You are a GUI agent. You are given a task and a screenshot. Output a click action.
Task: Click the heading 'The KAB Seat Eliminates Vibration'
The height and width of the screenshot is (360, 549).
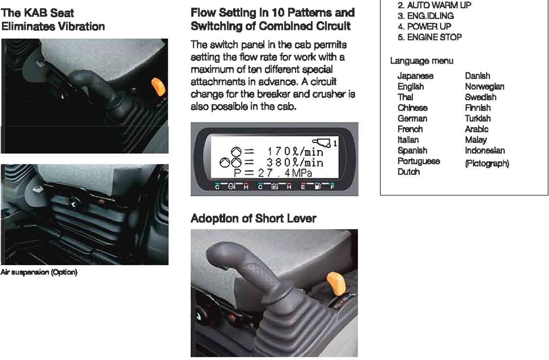53,20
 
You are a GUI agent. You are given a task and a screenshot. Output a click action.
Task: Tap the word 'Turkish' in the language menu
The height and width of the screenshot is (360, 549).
478,119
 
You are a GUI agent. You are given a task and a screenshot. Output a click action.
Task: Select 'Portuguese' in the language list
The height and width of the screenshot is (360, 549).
419,161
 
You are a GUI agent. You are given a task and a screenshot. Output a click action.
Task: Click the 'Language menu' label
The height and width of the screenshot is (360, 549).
421,61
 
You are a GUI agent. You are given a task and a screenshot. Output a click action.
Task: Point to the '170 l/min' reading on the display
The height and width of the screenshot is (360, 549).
295,152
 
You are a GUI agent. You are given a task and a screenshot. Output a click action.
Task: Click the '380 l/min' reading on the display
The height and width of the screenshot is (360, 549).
295,162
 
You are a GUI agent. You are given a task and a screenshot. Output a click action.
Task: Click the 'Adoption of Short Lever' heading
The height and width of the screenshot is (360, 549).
253,218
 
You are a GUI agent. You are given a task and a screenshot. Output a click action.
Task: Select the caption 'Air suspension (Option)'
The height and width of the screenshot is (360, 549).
39,272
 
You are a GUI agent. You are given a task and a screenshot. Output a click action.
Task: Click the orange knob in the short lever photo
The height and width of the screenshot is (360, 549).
336,283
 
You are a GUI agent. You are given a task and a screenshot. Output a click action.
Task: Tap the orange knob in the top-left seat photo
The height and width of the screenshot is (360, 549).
158,87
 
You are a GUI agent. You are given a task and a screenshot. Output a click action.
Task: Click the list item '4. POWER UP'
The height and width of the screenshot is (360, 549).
424,27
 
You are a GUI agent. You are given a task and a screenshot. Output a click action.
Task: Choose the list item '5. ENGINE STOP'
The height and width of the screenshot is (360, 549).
430,37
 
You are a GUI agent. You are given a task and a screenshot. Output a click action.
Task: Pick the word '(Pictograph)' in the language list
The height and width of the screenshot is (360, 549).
487,163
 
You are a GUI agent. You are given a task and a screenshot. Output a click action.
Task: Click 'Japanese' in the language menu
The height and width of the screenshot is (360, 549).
415,76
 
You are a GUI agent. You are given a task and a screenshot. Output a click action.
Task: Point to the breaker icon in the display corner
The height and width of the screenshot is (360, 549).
322,142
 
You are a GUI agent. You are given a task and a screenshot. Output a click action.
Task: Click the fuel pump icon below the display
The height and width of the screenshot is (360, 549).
317,186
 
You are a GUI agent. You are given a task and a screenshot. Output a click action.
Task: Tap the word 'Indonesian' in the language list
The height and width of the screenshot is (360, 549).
485,150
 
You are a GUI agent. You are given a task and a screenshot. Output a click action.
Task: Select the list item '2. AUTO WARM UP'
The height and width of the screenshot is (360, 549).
434,5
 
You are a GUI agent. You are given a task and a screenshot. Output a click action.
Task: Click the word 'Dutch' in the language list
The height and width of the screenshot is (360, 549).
408,172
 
